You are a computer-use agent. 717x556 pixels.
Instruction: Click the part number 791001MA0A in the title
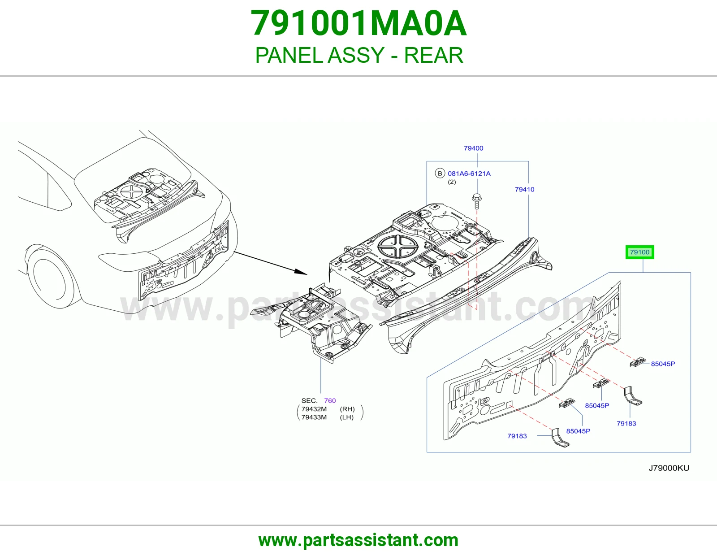[x=358, y=24]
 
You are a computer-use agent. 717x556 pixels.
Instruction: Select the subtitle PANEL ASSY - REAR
[x=359, y=55]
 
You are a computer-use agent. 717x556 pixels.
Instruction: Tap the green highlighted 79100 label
[x=639, y=252]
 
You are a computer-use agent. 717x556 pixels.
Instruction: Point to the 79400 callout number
[x=474, y=148]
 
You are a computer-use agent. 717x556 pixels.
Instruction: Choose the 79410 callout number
[x=525, y=190]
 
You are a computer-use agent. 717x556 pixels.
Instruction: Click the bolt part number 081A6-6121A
[x=469, y=174]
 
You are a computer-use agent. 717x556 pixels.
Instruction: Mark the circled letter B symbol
[x=440, y=174]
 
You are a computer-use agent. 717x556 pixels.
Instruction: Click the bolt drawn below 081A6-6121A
[x=476, y=201]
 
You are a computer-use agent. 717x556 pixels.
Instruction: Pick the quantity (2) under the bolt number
[x=452, y=182]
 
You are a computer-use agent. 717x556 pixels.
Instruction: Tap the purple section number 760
[x=330, y=401]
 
